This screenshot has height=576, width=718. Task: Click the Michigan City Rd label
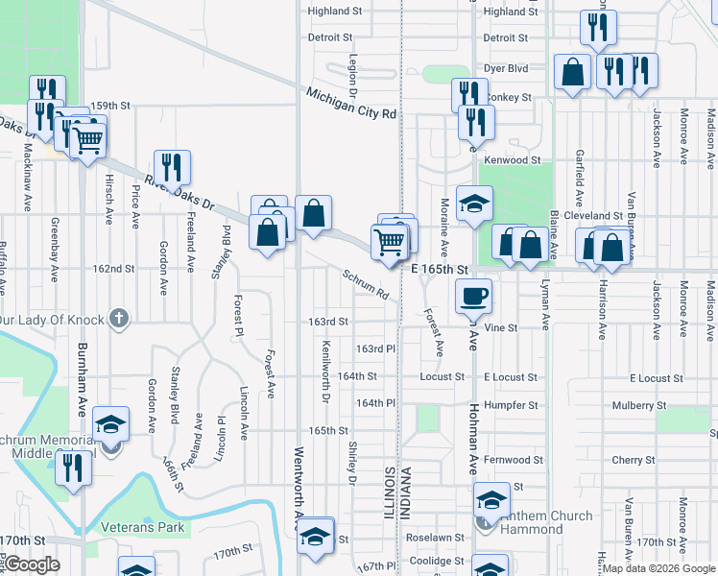(x=350, y=104)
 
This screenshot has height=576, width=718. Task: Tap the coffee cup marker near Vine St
(x=472, y=296)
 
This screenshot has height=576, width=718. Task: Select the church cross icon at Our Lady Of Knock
(x=118, y=318)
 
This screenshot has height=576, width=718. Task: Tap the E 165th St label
(x=439, y=270)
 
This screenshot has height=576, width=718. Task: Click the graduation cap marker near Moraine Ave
(x=474, y=204)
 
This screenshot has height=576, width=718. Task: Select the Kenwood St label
(x=514, y=160)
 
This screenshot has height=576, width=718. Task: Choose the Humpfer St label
(x=513, y=405)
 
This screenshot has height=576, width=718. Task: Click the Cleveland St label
(x=601, y=216)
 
